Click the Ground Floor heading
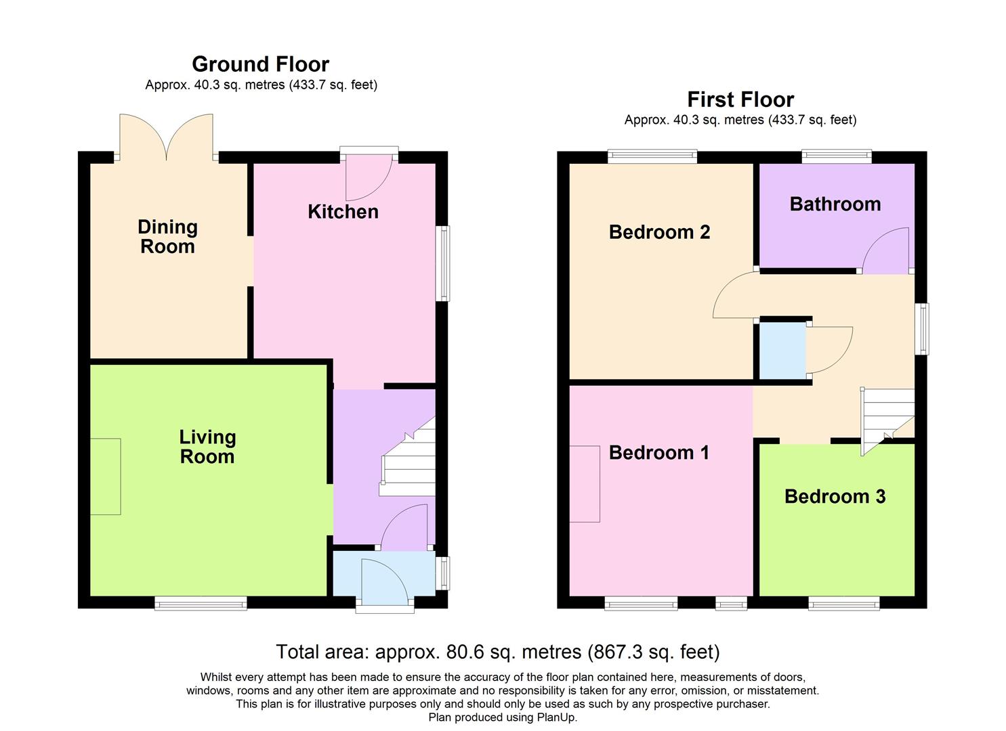[x=260, y=64]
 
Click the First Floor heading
[x=740, y=99]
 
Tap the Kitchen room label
[x=343, y=212]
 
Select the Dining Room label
[x=167, y=237]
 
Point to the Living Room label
[x=207, y=447]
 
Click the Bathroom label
[x=835, y=204]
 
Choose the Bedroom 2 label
[x=659, y=232]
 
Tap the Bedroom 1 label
[x=658, y=453]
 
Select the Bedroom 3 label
[x=835, y=497]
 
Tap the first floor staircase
[x=886, y=416]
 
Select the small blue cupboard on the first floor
[x=782, y=351]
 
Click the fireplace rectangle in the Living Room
[x=106, y=477]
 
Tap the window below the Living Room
[x=201, y=603]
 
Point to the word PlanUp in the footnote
[x=556, y=717]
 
